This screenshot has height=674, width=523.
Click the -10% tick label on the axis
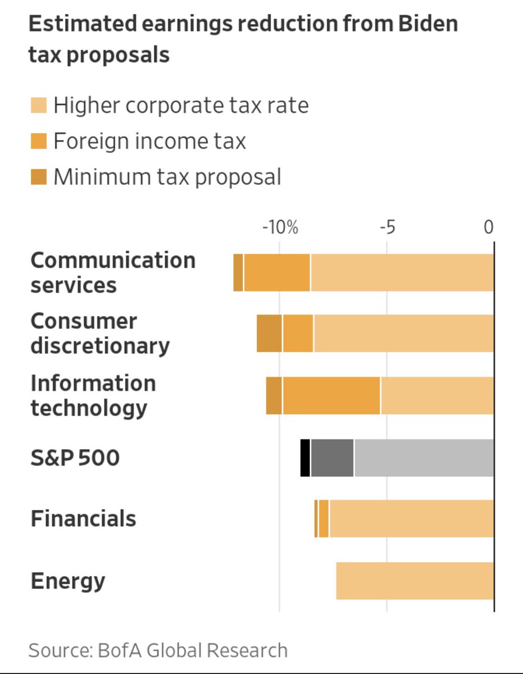click(280, 227)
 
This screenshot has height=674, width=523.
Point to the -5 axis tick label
click(387, 227)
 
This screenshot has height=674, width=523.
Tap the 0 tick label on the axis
click(489, 227)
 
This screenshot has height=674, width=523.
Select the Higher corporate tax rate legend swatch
click(38, 106)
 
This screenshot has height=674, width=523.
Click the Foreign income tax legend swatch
click(38, 141)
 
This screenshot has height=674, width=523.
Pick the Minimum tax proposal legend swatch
click(38, 177)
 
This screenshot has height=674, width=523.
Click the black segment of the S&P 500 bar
click(305, 458)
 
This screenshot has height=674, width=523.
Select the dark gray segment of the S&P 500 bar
click(332, 458)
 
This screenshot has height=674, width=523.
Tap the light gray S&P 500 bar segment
click(424, 458)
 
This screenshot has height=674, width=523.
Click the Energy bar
click(415, 580)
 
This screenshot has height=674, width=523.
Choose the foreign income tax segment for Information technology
click(331, 396)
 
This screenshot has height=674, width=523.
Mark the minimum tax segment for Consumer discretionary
click(269, 334)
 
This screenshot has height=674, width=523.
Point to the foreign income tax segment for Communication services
click(276, 272)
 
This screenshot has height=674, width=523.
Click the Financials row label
click(83, 518)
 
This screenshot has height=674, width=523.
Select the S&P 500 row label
click(75, 458)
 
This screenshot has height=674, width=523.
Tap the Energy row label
click(67, 581)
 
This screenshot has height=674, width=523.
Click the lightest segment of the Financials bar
click(411, 518)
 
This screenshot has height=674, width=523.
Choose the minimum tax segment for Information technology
click(274, 396)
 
